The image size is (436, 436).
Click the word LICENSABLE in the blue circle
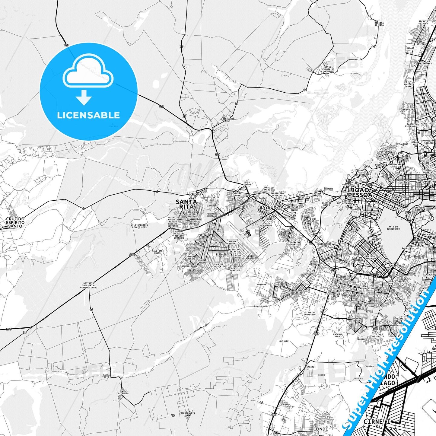coord(88,115)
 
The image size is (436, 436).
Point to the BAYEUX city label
coord(268,208)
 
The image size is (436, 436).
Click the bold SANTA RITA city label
coord(186,204)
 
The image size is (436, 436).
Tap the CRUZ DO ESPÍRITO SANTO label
coord(15,222)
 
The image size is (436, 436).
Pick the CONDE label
coord(320,429)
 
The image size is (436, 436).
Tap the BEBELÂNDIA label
coord(229,119)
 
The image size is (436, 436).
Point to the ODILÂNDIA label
coord(123,393)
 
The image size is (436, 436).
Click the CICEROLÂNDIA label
coord(187,413)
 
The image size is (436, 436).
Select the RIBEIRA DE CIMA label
coord(379,24)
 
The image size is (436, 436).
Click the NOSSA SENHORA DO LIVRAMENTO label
coord(327,69)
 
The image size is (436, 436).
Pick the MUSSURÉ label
coord(284,341)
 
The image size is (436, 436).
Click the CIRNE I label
coord(377,422)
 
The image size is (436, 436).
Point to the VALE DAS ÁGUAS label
coord(157,252)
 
